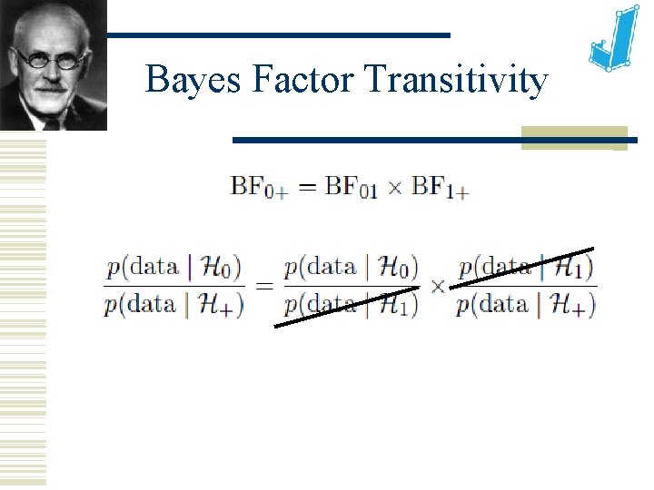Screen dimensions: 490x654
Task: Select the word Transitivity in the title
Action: pos(457,81)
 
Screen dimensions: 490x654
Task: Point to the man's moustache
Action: pos(51,86)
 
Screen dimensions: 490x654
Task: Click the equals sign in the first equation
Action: pos(308,188)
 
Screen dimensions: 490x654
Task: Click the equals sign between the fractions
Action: pos(263,286)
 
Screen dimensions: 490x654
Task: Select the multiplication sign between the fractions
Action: pos(437,286)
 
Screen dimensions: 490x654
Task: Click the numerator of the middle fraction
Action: pos(351,267)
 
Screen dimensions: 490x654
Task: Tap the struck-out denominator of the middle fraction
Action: pos(351,305)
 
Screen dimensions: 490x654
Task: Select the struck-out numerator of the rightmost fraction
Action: pos(526,267)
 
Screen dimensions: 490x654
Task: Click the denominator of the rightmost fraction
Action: pos(526,305)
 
